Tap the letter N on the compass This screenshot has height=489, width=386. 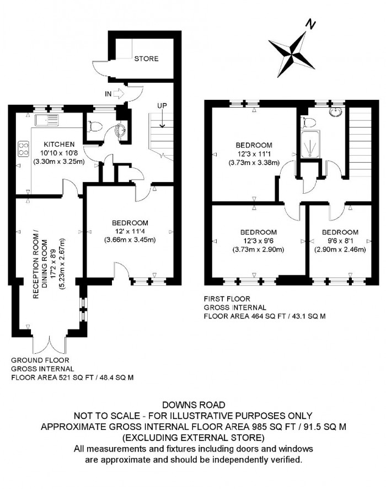pos(311,25)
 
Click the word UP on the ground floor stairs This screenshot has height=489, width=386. pos(163,105)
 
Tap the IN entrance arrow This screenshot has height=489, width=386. pos(116,94)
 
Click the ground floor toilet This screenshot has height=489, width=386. pos(94,126)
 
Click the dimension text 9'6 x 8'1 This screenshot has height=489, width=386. pos(340,241)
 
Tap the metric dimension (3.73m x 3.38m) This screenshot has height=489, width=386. pos(254,163)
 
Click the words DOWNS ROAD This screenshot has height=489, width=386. pos(193,406)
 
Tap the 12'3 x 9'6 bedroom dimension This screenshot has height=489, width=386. pos(258,241)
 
